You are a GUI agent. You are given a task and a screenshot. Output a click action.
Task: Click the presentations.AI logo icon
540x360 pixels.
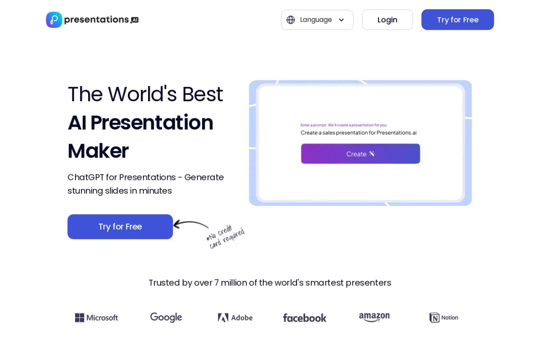coord(54,20)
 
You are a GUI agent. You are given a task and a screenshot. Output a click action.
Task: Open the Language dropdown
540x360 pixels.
coord(317,20)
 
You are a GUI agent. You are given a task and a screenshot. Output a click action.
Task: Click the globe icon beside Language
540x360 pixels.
coord(291,20)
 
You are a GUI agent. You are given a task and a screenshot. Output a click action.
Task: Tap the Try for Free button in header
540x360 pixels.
coord(457,20)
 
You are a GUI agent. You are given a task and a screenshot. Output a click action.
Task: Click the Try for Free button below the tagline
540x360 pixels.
coord(120,227)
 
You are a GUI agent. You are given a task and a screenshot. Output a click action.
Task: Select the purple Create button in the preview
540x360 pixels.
coord(360,154)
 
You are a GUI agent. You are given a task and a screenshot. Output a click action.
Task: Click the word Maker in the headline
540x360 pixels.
coord(98,151)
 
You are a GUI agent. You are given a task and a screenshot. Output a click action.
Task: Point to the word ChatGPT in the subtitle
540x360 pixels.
coord(85,177)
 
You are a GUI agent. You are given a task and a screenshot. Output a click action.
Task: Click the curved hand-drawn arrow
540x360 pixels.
coord(191,224)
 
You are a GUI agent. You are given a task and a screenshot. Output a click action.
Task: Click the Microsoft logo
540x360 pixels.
coord(96,318)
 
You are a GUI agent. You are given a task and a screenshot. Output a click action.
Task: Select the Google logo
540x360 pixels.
coord(166,318)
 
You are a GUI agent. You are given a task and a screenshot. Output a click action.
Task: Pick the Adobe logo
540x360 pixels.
coord(235,318)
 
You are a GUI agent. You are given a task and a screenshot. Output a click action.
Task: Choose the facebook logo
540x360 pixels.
coord(304,318)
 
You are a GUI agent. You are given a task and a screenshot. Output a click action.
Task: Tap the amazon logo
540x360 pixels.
coord(374,318)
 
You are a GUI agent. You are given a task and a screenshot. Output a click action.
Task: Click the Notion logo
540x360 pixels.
coord(444,318)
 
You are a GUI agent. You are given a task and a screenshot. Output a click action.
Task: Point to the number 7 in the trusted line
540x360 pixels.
coord(216,283)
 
